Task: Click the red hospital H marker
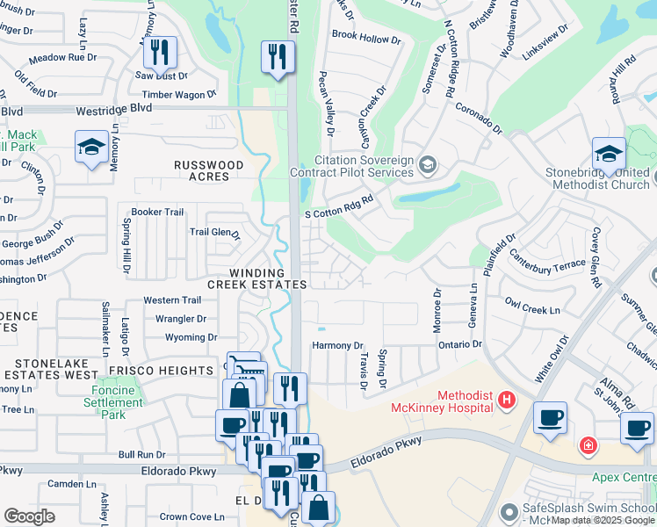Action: coord(505,401)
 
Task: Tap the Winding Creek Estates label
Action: coord(257,278)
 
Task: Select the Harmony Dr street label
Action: coord(337,346)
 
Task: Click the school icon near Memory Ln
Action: coord(91,148)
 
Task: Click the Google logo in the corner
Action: coord(29,516)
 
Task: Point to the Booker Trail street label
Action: coord(157,213)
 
